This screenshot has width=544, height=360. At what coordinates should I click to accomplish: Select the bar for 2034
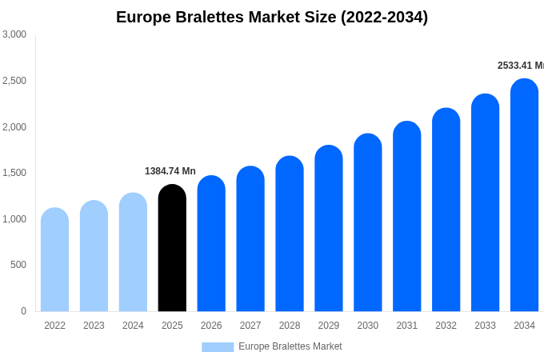524,195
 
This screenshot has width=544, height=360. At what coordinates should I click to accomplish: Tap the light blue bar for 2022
54,260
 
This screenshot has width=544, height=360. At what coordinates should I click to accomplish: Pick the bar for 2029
328,229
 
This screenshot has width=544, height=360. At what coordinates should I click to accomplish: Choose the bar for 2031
406,217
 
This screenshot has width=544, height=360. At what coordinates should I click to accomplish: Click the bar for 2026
211,244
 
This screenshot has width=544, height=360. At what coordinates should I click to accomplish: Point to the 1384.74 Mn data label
170,171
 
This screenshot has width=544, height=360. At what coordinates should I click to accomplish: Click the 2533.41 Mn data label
520,66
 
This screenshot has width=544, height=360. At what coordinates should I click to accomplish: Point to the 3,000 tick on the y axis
14,34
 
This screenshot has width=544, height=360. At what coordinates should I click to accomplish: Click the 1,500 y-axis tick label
14,173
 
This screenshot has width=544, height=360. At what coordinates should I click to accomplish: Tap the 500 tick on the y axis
18,265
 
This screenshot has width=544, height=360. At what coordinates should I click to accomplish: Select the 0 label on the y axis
23,311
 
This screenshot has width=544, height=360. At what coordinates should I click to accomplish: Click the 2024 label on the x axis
133,326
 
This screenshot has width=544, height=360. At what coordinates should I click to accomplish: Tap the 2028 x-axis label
290,326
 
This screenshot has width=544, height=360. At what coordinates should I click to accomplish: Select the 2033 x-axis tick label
485,326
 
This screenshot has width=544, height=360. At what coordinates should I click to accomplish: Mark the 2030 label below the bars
368,326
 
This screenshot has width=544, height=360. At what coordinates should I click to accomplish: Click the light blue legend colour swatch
218,347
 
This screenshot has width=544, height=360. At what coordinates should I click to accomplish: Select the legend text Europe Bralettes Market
290,346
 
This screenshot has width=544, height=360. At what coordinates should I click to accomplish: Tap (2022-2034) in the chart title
384,17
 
